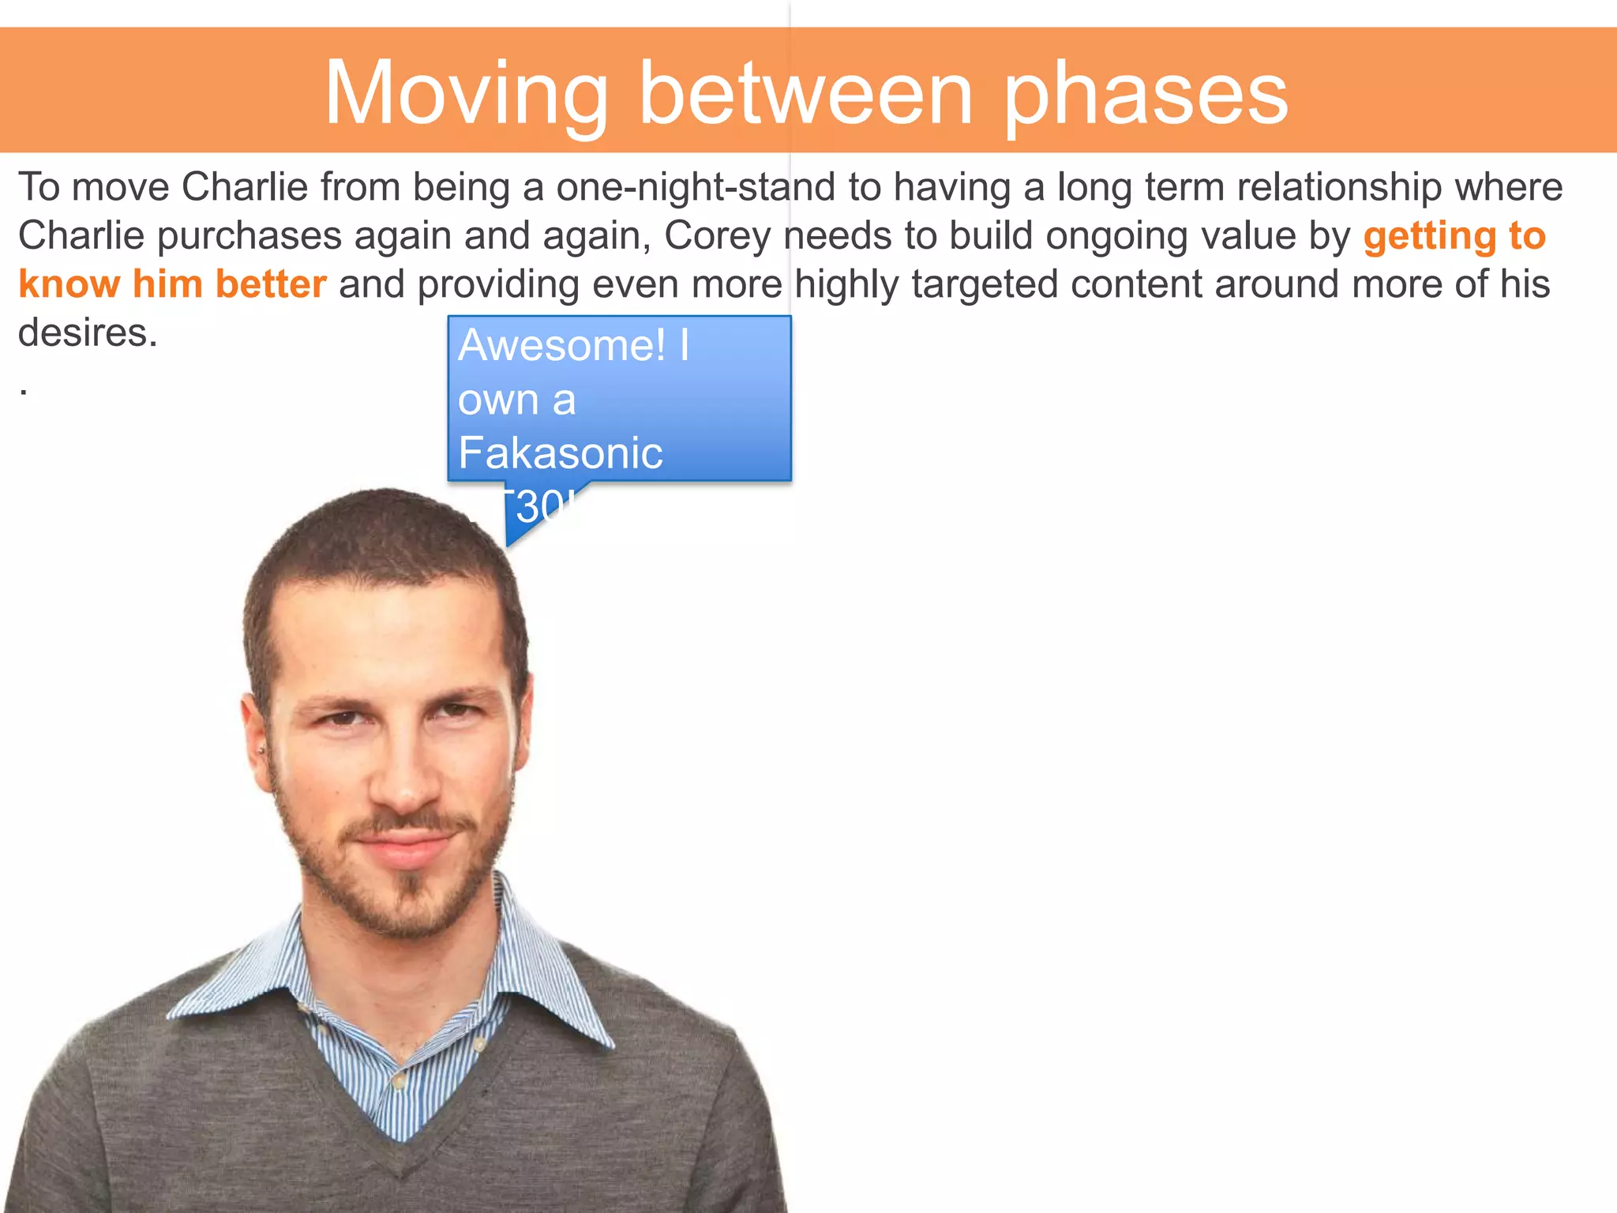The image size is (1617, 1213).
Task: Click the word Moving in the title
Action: (466, 95)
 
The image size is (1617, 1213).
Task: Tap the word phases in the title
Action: (1146, 95)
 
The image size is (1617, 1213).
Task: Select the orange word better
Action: (271, 284)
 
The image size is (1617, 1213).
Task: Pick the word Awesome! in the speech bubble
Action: (562, 346)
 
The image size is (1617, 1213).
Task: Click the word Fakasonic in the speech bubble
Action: (560, 453)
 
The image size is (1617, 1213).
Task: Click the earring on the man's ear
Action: (261, 749)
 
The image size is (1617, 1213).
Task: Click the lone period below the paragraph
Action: (24, 392)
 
